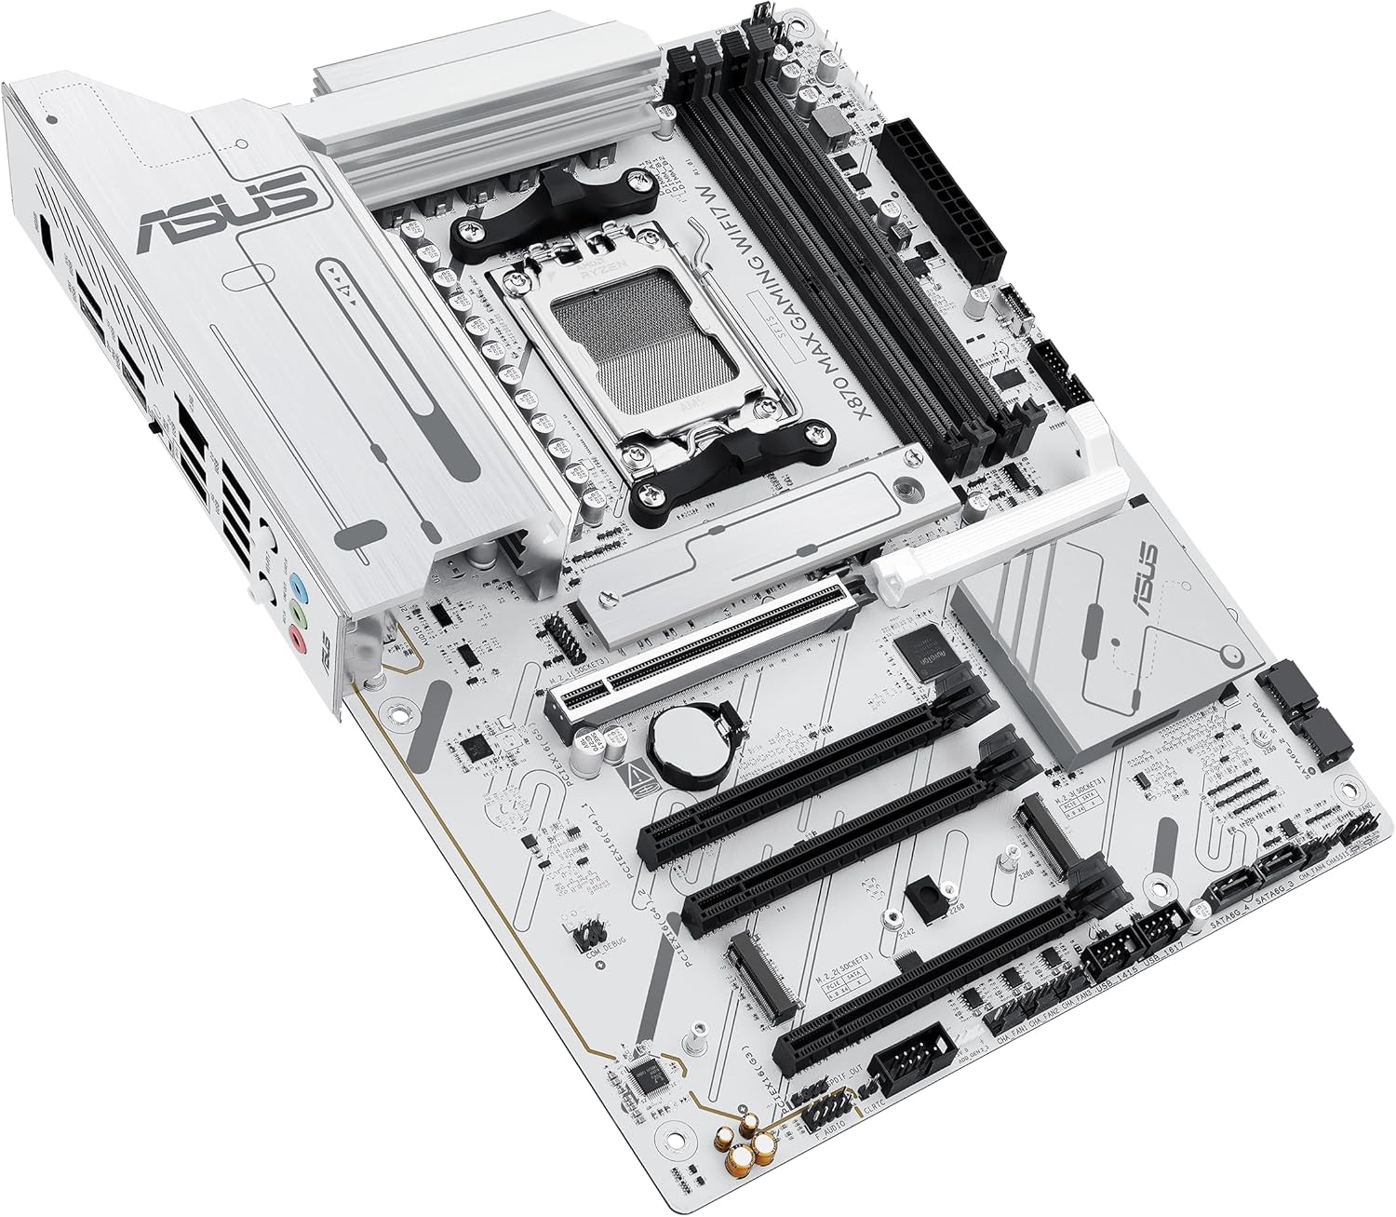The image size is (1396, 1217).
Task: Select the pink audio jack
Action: (x=297, y=639)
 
